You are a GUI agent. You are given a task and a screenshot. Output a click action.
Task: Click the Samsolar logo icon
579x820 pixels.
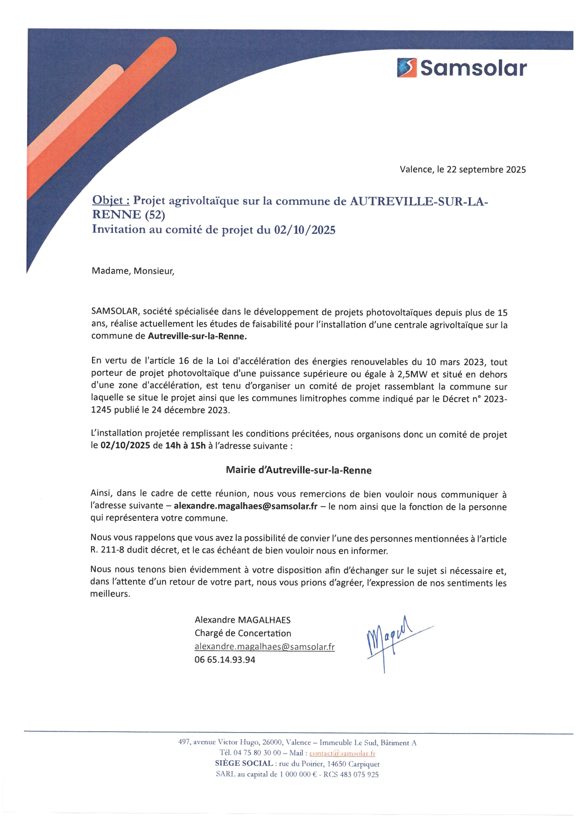pos(406,68)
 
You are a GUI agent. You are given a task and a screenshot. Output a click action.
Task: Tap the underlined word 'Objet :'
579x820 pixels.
pos(111,200)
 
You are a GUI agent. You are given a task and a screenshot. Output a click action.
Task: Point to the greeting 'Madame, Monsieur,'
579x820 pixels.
pos(133,271)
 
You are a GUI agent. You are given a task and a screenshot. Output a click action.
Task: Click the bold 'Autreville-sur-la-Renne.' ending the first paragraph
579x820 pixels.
pos(197,336)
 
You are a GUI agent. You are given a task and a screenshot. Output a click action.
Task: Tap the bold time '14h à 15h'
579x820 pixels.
pos(185,446)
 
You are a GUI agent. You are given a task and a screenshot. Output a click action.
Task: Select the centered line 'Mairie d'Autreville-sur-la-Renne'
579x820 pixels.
pos(299,470)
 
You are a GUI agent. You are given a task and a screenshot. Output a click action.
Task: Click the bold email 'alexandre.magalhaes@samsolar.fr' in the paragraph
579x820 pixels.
pos(246,506)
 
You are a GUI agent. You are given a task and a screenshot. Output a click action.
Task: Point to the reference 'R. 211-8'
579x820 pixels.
pos(107,550)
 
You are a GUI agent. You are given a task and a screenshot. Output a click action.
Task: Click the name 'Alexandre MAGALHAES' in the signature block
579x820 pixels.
pos(242,620)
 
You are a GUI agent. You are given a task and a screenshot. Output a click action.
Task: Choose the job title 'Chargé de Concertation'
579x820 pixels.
pos(243,633)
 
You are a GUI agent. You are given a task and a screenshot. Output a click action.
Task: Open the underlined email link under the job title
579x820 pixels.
pos(264,647)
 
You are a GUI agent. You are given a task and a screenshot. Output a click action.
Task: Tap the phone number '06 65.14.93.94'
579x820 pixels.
pos(225,660)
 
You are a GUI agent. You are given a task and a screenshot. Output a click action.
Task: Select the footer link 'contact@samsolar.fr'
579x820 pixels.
pos(342,753)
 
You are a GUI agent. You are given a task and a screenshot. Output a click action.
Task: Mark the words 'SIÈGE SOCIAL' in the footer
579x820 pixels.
pos(244,763)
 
